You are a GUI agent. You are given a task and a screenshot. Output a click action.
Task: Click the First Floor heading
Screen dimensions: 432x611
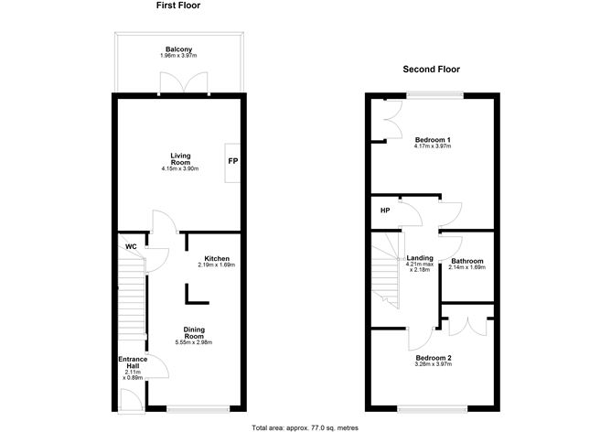(179, 6)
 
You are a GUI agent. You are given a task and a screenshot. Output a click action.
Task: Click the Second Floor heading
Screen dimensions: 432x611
(431, 69)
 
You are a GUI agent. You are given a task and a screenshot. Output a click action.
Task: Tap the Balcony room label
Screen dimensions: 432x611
(178, 49)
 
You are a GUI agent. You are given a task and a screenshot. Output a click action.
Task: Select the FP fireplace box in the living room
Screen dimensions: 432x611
(232, 162)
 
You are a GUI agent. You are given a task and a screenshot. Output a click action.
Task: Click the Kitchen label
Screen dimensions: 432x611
(217, 259)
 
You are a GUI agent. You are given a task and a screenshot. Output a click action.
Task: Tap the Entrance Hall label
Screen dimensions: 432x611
(133, 362)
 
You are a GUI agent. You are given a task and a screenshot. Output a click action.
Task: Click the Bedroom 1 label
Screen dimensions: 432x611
(434, 140)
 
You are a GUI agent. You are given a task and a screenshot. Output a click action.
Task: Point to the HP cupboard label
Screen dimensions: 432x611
(385, 210)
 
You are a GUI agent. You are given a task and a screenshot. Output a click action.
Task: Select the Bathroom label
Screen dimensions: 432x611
(467, 261)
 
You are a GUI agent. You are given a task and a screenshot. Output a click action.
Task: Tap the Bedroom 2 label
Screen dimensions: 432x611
(434, 358)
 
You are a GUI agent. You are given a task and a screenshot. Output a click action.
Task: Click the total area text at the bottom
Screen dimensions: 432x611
(305, 426)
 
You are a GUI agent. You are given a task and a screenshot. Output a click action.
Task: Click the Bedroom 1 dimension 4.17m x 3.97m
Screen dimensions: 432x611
(434, 146)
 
